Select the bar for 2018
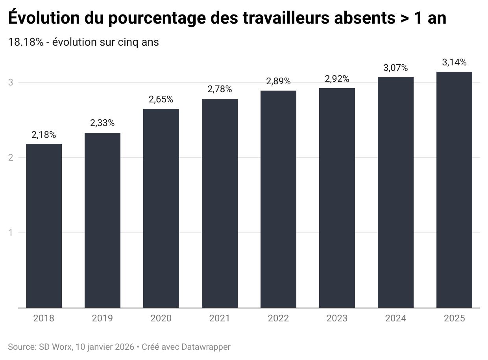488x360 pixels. pyautogui.click(x=44, y=226)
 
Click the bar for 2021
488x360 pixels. pyautogui.click(x=220, y=203)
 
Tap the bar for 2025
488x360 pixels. pyautogui.click(x=454, y=189)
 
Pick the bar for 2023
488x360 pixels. pyautogui.click(x=337, y=198)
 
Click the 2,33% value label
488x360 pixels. pyautogui.click(x=102, y=123)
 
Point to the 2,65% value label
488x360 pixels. pyautogui.click(x=161, y=99)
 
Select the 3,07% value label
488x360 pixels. pyautogui.click(x=396, y=68)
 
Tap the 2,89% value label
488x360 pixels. pyautogui.click(x=278, y=82)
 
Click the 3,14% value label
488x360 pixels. pyautogui.click(x=454, y=62)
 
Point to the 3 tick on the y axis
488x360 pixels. pyautogui.click(x=11, y=82)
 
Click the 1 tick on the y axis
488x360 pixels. pyautogui.click(x=11, y=233)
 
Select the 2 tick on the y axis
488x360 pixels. pyautogui.click(x=11, y=158)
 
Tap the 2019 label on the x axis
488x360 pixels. pyautogui.click(x=102, y=318)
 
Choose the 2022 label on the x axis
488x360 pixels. pyautogui.click(x=278, y=318)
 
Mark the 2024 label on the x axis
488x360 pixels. pyautogui.click(x=396, y=318)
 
